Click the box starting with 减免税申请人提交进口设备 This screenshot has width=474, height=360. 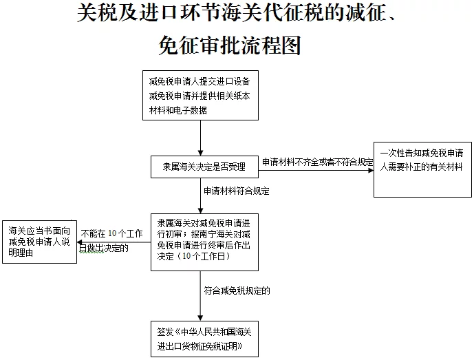[x=200, y=95]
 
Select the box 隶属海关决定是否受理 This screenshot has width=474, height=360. [x=204, y=167]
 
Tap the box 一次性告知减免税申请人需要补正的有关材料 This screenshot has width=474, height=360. [x=422, y=169]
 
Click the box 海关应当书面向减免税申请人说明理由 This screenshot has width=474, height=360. [x=40, y=242]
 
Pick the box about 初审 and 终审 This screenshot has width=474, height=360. [x=204, y=242]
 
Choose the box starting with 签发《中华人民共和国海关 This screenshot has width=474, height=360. [x=204, y=339]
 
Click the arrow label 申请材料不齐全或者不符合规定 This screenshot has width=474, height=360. [x=317, y=162]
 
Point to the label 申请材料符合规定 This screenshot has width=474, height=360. [x=237, y=191]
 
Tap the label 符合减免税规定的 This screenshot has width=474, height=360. [x=237, y=290]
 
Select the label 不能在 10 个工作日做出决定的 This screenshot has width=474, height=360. [x=111, y=241]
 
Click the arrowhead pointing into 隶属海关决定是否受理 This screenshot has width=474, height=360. [x=200, y=153]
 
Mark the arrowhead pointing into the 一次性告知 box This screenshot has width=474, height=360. [x=371, y=170]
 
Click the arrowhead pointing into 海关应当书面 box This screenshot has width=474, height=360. [x=80, y=242]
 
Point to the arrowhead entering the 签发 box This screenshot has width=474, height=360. [x=200, y=318]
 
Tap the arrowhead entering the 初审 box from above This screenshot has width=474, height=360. [x=200, y=211]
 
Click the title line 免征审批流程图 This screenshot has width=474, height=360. [x=230, y=45]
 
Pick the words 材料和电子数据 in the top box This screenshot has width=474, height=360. [x=178, y=110]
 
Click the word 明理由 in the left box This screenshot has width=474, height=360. [x=21, y=253]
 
